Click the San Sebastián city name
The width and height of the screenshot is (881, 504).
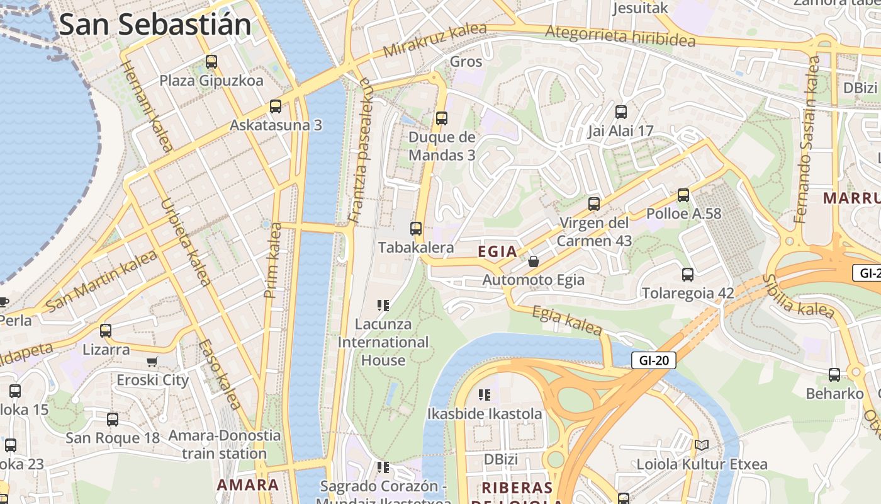pyautogui.click(x=155, y=25)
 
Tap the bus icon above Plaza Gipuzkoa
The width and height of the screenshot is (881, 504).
pyautogui.click(x=211, y=62)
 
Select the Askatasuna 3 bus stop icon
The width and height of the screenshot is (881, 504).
pyautogui.click(x=276, y=106)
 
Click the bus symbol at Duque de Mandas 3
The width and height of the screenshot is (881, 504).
pyautogui.click(x=442, y=118)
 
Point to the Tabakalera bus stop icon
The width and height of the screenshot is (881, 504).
pyautogui.click(x=416, y=229)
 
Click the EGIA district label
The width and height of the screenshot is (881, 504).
pyautogui.click(x=497, y=252)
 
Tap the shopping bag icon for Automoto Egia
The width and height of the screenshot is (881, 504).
pyautogui.click(x=534, y=261)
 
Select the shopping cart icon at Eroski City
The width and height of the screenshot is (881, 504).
pyautogui.click(x=152, y=362)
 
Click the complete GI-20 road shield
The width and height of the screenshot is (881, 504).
pyautogui.click(x=654, y=360)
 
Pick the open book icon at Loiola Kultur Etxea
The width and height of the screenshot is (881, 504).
pyautogui.click(x=702, y=445)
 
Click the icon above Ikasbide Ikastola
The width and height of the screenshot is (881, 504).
pyautogui.click(x=484, y=395)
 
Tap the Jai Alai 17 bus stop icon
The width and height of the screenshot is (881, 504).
pyautogui.click(x=621, y=112)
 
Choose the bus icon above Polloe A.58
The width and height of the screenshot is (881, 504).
pyautogui.click(x=683, y=195)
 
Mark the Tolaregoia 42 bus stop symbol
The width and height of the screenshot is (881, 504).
pyautogui.click(x=688, y=275)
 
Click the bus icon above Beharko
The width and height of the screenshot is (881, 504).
pyautogui.click(x=834, y=375)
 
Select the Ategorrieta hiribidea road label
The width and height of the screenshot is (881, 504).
pyautogui.click(x=620, y=36)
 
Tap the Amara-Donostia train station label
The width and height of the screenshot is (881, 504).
pyautogui.click(x=225, y=444)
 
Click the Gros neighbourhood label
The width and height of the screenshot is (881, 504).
pyautogui.click(x=466, y=62)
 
